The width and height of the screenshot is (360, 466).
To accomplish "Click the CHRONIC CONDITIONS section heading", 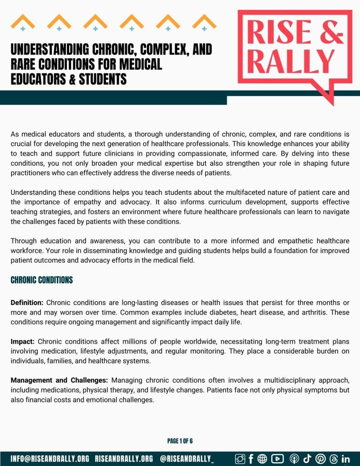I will pyautogui.click(x=42, y=280).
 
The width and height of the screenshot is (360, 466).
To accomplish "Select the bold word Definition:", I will pyautogui.click(x=27, y=303).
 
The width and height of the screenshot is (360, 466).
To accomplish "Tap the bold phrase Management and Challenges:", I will pyautogui.click(x=59, y=380).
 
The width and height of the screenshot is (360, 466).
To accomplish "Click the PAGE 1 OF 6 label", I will pyautogui.click(x=180, y=441).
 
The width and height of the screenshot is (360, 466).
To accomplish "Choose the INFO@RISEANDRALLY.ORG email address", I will pyautogui.click(x=50, y=458).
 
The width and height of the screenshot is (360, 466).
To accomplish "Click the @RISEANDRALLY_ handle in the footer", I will pyautogui.click(x=187, y=458).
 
